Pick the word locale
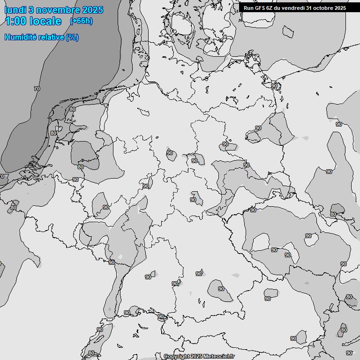(45, 21)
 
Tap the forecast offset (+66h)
(81, 21)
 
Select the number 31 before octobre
(313, 8)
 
